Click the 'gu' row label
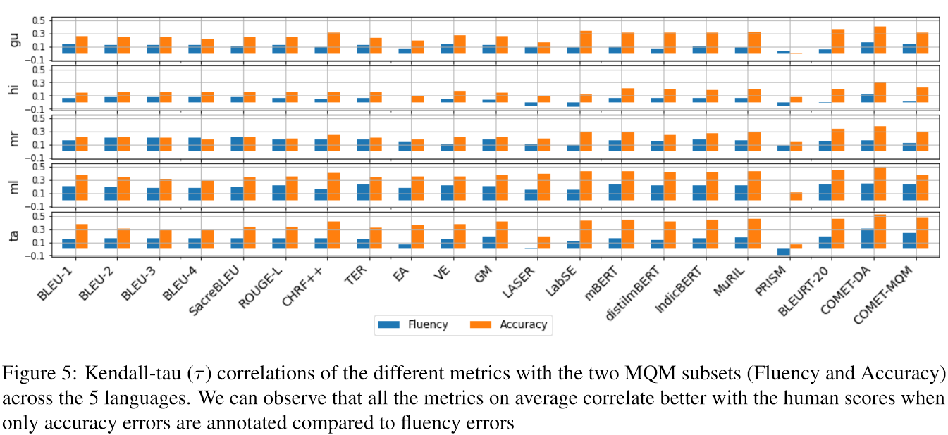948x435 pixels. click(x=15, y=40)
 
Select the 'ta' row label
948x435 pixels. click(x=15, y=236)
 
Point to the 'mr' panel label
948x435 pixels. click(x=15, y=138)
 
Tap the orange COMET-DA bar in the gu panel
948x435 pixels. click(x=880, y=40)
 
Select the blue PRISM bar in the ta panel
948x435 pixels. click(x=784, y=251)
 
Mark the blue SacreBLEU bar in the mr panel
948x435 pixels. click(x=238, y=144)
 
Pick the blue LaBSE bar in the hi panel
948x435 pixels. click(x=574, y=104)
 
